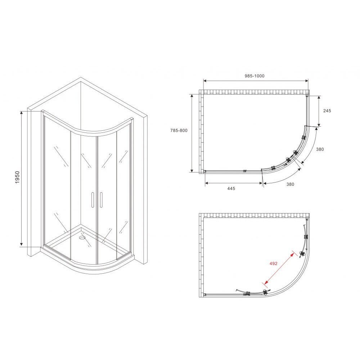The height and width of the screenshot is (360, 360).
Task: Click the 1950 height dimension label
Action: point(17,177)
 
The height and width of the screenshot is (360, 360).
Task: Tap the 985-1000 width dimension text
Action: point(255,76)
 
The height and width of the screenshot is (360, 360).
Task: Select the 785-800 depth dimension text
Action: point(179,130)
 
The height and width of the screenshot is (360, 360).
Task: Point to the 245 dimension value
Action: point(327,111)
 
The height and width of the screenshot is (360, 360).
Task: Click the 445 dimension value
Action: point(231,189)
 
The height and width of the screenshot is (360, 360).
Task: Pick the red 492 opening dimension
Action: point(274,264)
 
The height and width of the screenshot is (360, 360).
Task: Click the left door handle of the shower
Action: point(93,200)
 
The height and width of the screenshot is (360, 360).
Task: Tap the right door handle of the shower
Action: point(101,200)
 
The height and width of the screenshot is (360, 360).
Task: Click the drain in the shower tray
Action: point(82,237)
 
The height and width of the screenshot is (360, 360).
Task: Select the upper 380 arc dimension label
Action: point(320,149)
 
